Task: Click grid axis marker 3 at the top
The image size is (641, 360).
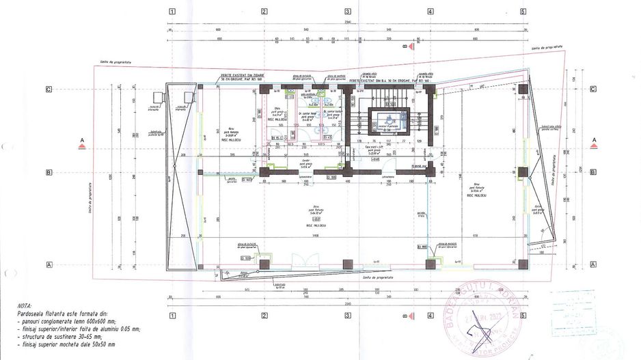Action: coord(348,11)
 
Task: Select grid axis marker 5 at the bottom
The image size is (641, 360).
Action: coord(523,316)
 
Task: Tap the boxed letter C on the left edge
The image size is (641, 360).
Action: coord(49,89)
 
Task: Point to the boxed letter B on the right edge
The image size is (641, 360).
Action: coord(593,172)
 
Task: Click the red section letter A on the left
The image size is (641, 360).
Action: coord(82,140)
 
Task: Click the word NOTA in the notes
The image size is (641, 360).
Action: coord(31,307)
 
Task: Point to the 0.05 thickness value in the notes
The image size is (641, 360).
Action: coord(124,329)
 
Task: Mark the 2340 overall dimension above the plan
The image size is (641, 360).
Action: coord(347,22)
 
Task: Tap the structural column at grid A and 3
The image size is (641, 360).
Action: coord(348,264)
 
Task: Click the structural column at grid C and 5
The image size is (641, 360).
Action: coord(523,89)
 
